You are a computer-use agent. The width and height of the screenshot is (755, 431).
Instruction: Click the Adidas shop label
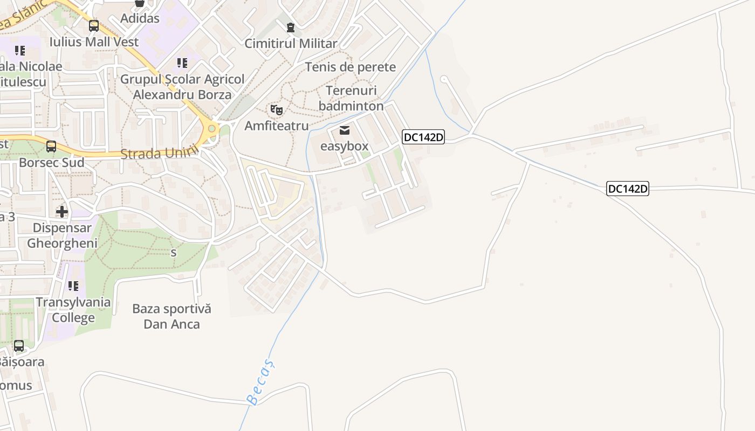point(140,18)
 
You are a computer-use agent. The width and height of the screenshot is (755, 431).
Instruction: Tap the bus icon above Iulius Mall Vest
point(94,25)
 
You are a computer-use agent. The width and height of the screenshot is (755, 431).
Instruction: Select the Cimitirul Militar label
point(291,44)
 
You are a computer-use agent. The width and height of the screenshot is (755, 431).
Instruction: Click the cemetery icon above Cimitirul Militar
point(291,27)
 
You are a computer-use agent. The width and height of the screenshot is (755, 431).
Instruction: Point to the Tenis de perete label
point(350,67)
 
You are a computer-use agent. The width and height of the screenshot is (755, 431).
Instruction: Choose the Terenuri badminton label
point(351,98)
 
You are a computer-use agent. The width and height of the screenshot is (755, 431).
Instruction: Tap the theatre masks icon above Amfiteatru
point(277,110)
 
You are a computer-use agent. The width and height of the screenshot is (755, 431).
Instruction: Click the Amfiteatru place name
point(277,126)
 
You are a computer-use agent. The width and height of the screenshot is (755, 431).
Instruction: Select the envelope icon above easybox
point(345,130)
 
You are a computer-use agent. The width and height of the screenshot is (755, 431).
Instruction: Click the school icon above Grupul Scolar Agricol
point(182,63)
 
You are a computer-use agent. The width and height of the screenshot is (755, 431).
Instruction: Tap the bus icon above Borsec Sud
point(51,146)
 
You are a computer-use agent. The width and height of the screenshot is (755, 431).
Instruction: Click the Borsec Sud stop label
point(51,163)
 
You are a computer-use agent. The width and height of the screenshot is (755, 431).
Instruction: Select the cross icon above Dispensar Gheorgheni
point(62,211)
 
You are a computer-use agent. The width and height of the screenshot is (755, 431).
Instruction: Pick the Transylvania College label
point(73,310)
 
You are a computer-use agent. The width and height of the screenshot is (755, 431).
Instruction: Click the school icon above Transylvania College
point(73,286)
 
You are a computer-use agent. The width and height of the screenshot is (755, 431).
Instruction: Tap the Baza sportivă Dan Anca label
point(171,316)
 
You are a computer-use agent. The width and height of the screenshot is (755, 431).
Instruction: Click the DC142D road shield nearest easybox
point(423,137)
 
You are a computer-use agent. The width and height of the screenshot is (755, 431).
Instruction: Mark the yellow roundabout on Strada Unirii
point(212,129)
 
